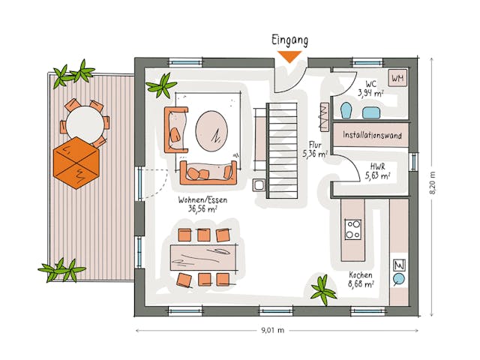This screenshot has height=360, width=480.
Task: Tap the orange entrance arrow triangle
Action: point(289,56)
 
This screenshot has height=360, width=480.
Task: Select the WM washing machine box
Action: point(397,78)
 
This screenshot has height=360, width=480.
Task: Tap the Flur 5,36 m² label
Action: point(315,148)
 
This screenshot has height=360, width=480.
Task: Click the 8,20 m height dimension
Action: point(432,181)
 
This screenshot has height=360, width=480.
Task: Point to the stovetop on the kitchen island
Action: point(352,228)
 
